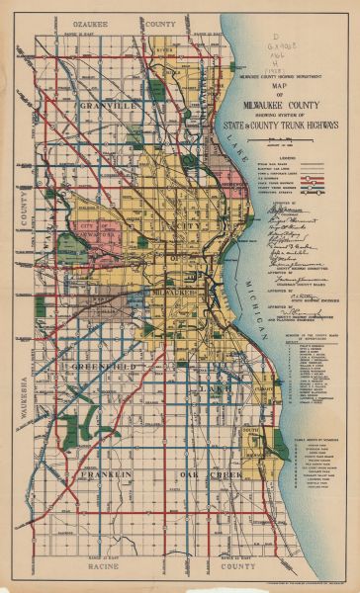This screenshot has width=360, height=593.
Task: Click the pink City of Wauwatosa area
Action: (97, 231)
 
